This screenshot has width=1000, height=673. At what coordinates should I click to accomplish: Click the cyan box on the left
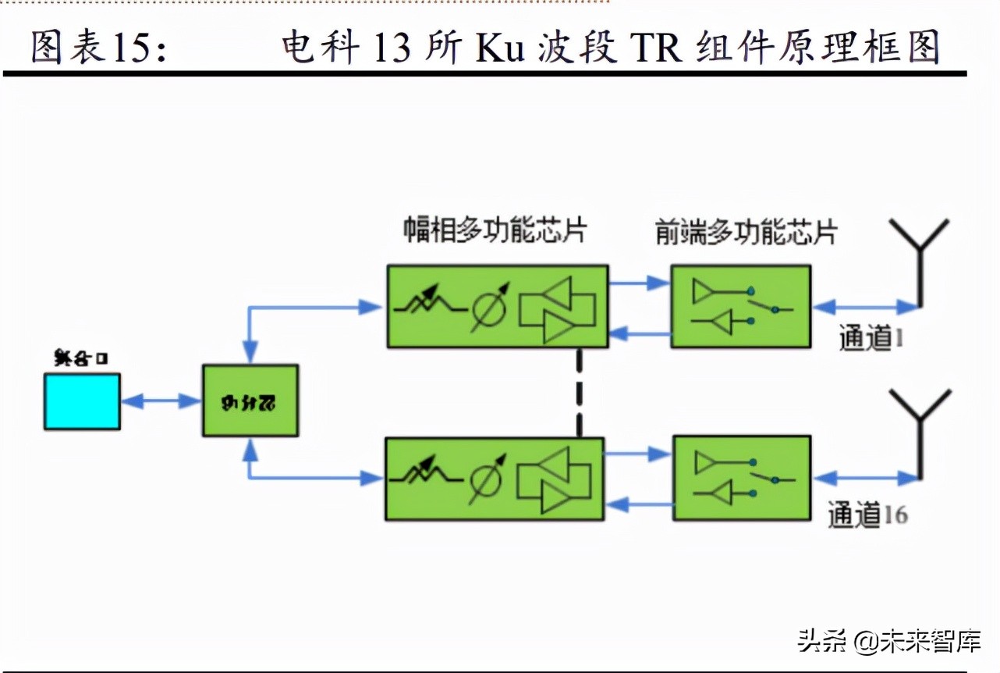(x=82, y=401)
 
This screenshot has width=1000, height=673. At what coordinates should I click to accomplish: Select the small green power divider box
(x=250, y=401)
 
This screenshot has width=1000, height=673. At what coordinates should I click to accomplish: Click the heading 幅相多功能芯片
(x=495, y=231)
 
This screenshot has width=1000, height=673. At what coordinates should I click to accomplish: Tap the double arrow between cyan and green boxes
(x=161, y=401)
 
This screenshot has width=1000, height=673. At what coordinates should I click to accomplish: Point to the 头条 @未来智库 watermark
(x=888, y=642)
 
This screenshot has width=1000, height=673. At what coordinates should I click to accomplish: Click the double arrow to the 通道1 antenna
(x=865, y=306)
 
